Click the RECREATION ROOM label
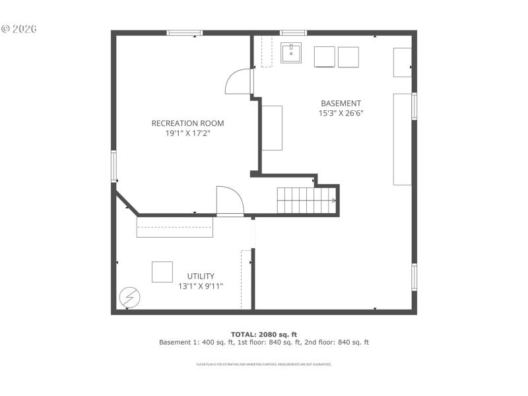(x=187, y=123)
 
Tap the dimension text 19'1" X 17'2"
(x=187, y=133)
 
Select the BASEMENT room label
(x=341, y=103)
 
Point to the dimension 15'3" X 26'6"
(x=341, y=113)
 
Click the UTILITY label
(x=201, y=276)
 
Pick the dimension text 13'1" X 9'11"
(x=201, y=286)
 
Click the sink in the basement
(x=291, y=53)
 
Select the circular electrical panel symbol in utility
(x=129, y=298)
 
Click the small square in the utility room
(x=162, y=272)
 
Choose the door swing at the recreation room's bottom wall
(x=230, y=201)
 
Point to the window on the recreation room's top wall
(x=184, y=32)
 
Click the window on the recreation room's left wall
(x=114, y=166)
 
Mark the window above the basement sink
(x=293, y=32)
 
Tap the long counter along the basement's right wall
(x=402, y=139)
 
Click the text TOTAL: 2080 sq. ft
(x=264, y=334)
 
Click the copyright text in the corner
(x=19, y=29)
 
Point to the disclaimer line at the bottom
(x=264, y=364)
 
